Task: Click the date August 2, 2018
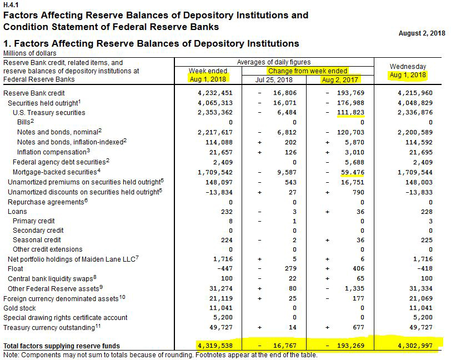pyautogui.click(x=422, y=33)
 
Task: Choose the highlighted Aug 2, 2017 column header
pyautogui.click(x=340, y=79)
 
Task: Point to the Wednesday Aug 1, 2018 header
pyautogui.click(x=408, y=71)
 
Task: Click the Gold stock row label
pyautogui.click(x=19, y=308)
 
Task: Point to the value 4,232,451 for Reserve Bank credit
pyautogui.click(x=215, y=93)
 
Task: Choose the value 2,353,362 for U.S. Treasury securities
pyautogui.click(x=215, y=112)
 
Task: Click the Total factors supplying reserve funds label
pyautogui.click(x=69, y=346)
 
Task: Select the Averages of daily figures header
pyautogui.click(x=274, y=62)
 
